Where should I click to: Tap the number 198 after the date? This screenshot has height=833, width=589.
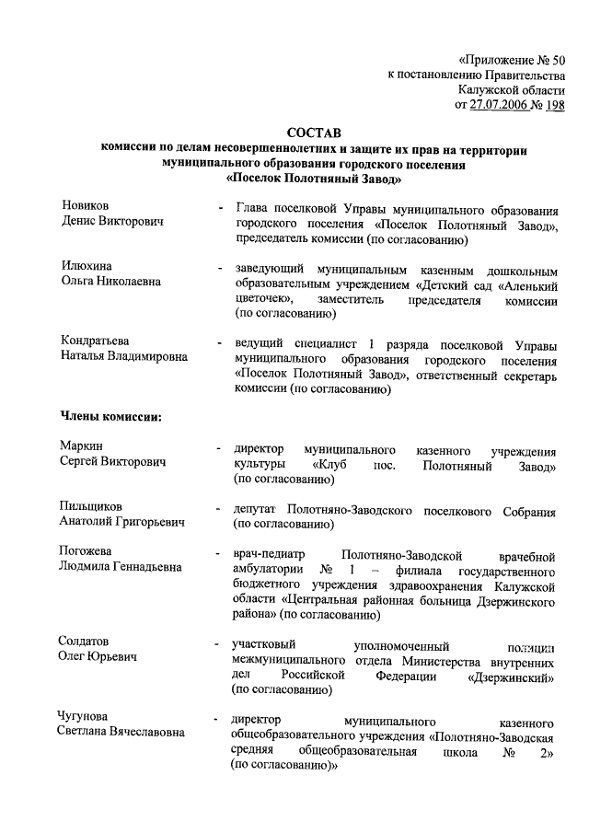(x=556, y=105)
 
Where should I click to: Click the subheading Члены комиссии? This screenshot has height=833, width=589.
(x=110, y=416)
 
